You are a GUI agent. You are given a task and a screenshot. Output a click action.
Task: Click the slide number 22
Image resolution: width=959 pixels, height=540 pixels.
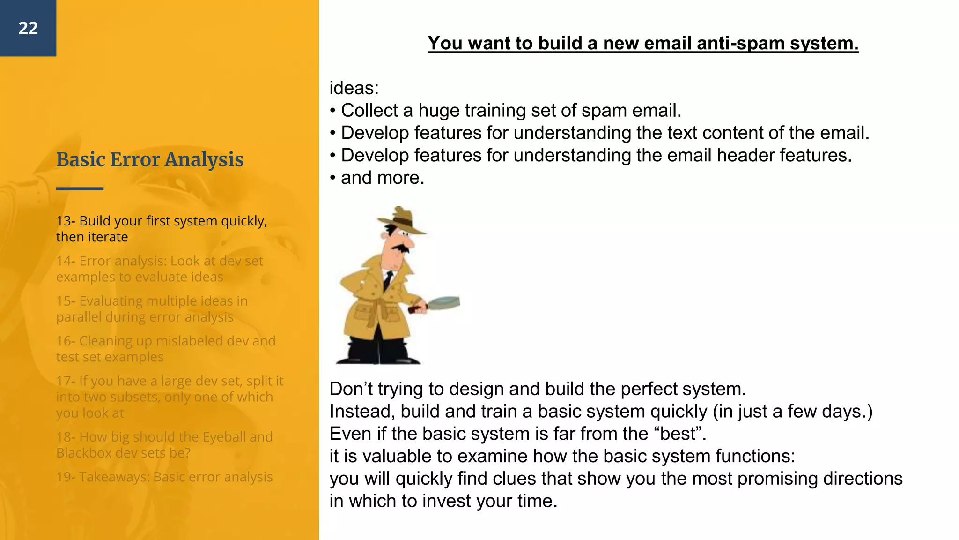(x=28, y=28)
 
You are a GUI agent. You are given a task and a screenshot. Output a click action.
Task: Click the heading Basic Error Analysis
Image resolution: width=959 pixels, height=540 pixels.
(x=150, y=160)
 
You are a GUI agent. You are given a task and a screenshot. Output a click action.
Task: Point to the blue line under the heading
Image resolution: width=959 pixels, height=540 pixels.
(x=80, y=188)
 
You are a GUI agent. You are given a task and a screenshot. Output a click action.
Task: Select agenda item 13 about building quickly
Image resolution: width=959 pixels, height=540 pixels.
(x=162, y=229)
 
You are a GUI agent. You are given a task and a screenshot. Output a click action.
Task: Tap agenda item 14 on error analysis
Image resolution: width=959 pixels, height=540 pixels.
(x=159, y=269)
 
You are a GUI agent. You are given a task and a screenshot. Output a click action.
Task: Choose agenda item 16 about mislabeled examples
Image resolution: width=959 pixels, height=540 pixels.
(x=165, y=349)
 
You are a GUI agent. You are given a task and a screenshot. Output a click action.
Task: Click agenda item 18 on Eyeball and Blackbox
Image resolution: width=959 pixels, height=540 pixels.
(x=164, y=445)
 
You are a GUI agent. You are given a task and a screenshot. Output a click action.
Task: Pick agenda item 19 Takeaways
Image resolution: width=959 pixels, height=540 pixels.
(x=164, y=477)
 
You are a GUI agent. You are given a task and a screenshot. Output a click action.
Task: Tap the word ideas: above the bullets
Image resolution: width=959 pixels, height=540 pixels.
(x=354, y=88)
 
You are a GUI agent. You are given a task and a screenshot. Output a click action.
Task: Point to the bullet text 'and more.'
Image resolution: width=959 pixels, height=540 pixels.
(x=382, y=178)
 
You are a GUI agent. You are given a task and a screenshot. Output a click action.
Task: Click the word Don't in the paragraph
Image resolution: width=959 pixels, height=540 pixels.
(x=351, y=389)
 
